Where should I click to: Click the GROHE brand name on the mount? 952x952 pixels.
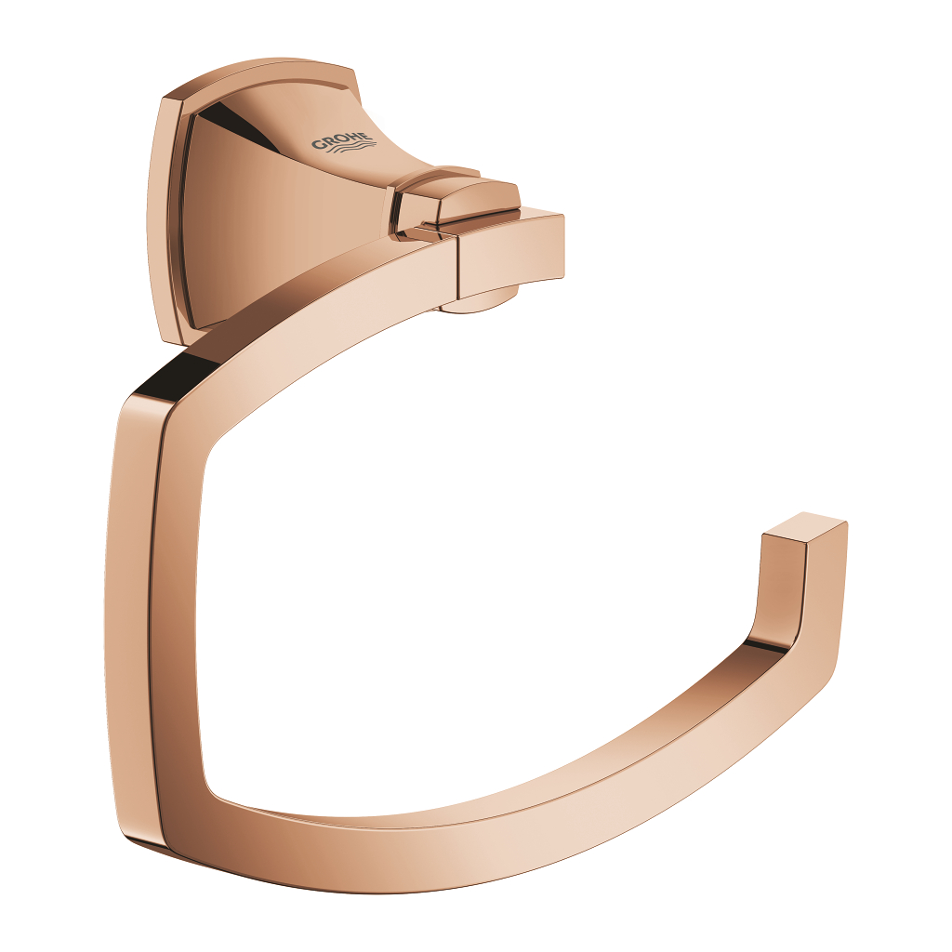pyautogui.click(x=342, y=141)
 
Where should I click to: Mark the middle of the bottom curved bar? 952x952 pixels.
pyautogui.click(x=483, y=837)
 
